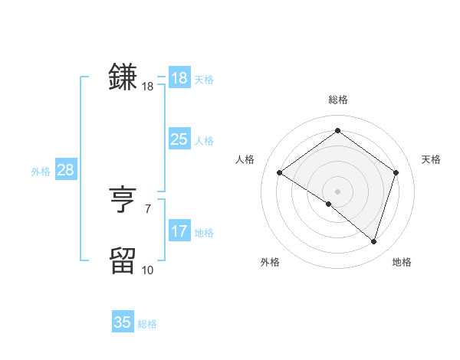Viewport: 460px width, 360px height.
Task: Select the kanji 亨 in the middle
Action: point(123,201)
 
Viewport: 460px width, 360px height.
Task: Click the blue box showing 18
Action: point(179,78)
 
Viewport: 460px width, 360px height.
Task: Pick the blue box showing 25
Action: point(179,139)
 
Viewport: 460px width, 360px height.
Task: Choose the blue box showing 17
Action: point(179,231)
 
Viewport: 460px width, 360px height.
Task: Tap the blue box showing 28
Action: point(65,170)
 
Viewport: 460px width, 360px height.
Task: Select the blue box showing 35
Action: point(123,322)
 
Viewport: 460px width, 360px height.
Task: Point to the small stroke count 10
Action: point(147,270)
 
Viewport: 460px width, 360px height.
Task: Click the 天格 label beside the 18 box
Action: point(204,80)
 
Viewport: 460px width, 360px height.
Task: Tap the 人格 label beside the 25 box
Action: point(204,141)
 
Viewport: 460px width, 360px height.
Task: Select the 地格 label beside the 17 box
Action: point(204,233)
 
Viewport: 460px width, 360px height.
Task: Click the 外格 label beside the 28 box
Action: point(41,172)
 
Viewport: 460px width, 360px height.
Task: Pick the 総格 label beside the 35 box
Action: point(147,324)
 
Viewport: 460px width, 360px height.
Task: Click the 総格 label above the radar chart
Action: point(337,100)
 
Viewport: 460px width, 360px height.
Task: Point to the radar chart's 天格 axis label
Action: point(431,159)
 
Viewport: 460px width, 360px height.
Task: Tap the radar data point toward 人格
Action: point(280,173)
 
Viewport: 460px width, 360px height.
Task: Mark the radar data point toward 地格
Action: point(373,241)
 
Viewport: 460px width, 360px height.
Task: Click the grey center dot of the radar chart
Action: point(337,191)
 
